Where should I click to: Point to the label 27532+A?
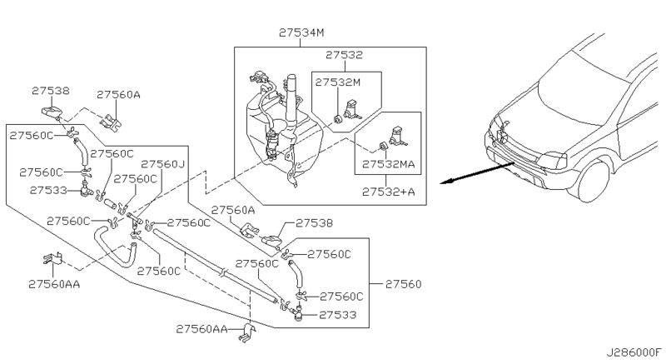(x=388, y=192)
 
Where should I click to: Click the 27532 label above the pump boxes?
(x=345, y=56)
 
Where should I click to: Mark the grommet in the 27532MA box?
(x=381, y=148)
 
